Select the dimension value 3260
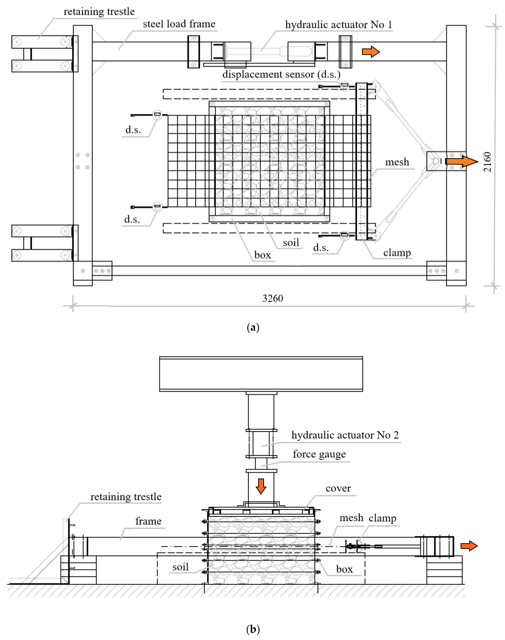click(273, 298)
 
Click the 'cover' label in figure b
click(338, 488)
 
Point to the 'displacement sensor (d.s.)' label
click(281, 74)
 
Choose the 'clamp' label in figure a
click(397, 253)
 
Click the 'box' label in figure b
click(344, 569)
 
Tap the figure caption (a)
click(253, 327)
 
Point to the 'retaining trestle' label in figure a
click(99, 11)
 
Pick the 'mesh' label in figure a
click(397, 162)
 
